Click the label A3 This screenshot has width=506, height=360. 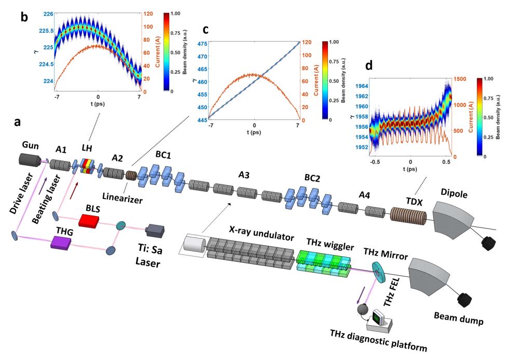241,175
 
